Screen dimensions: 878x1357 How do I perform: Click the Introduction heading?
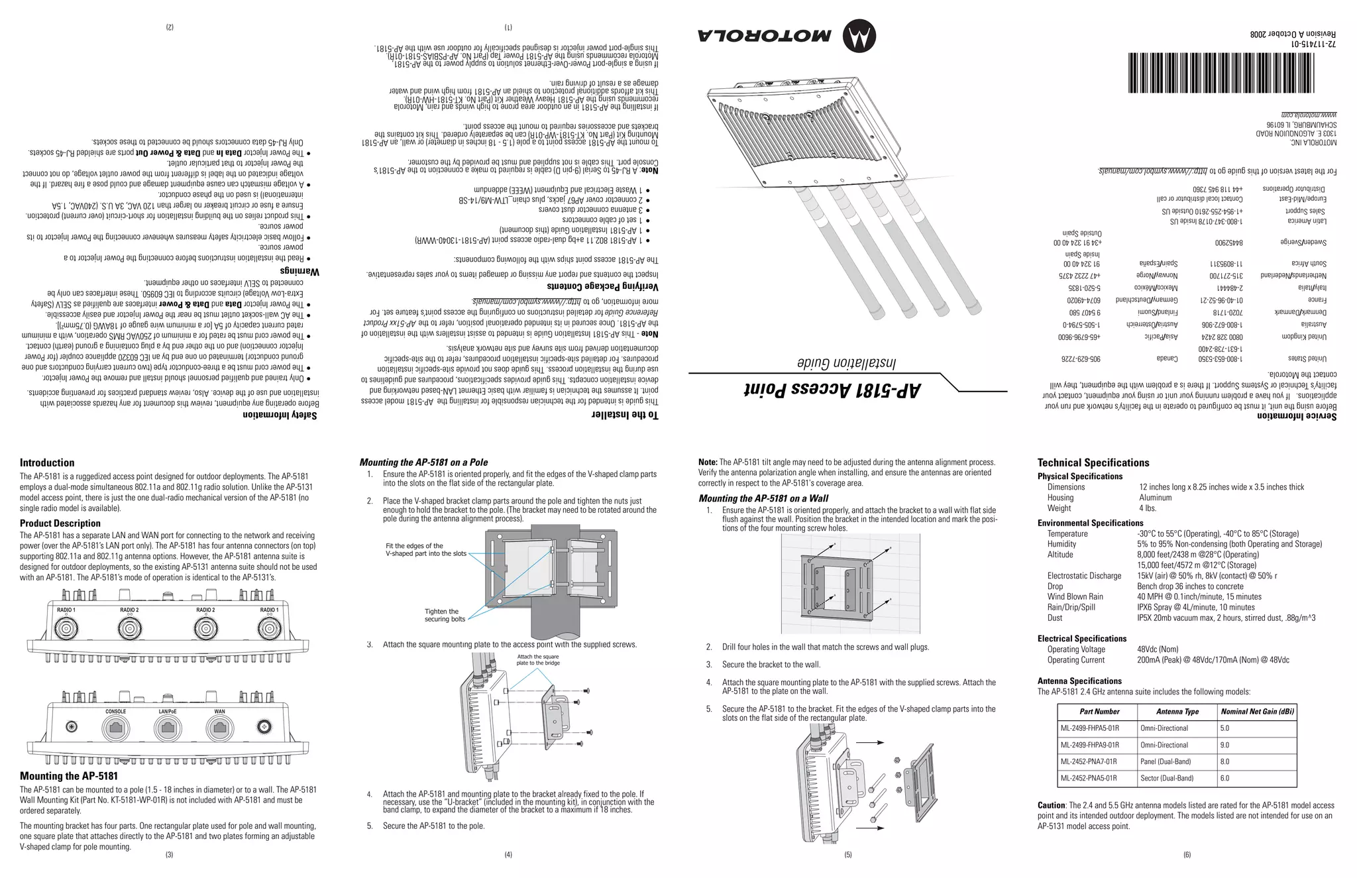(x=47, y=463)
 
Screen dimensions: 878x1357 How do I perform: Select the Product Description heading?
(x=60, y=523)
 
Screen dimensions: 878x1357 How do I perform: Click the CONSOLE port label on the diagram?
(x=116, y=712)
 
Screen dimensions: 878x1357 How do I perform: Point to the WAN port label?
(x=219, y=712)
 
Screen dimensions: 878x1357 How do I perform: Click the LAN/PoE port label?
(x=168, y=712)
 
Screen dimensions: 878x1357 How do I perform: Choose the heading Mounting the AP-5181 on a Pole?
(x=423, y=463)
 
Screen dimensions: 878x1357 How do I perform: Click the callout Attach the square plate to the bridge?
(x=538, y=659)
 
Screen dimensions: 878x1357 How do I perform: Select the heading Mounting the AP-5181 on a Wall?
(x=763, y=498)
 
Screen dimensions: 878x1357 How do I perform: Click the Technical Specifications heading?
(x=1093, y=463)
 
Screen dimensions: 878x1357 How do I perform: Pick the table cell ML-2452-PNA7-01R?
(x=1089, y=761)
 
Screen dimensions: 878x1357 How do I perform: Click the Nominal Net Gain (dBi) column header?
(x=1257, y=712)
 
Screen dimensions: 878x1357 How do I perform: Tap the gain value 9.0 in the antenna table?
(x=1224, y=745)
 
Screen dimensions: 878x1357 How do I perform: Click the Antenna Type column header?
(x=1177, y=712)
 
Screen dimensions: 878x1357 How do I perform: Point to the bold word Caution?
(x=1052, y=805)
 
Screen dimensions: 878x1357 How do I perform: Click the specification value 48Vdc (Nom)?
(x=1158, y=649)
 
